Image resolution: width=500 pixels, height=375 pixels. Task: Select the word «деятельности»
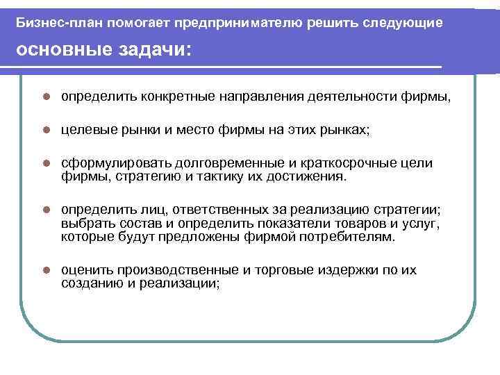point(354,97)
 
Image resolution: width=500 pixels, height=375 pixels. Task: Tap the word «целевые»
point(86,130)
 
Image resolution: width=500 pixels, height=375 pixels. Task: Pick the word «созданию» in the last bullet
point(89,283)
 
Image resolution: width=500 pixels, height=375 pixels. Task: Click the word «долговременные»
point(222,164)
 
